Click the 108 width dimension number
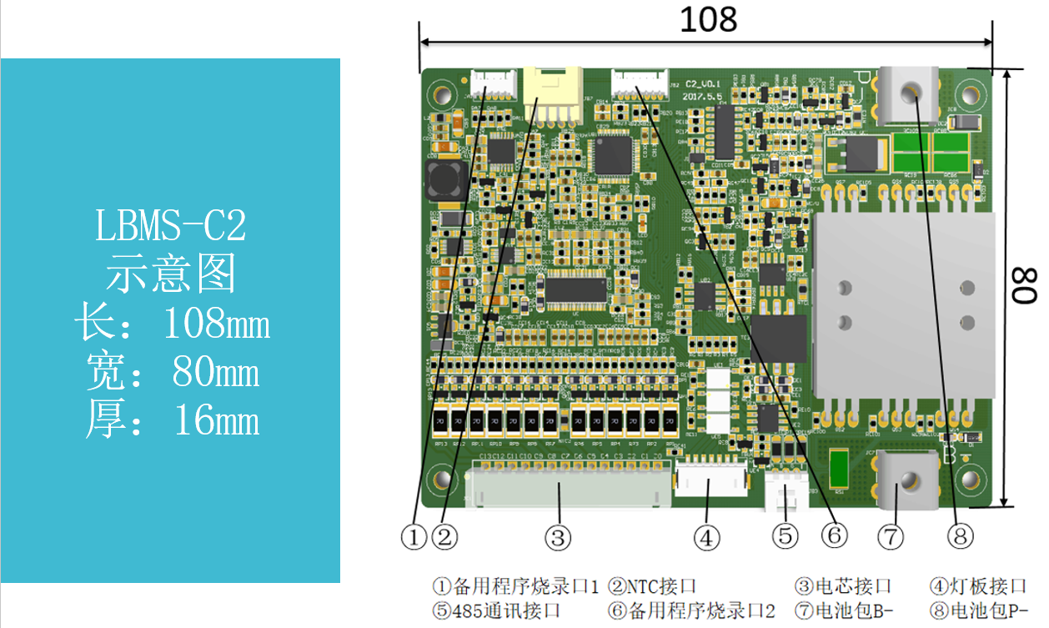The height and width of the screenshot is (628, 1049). pos(708,19)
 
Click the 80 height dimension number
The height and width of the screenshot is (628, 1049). pos(1023,285)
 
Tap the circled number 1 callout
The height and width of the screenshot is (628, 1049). pos(414,536)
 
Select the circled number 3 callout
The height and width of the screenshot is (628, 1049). pos(558,536)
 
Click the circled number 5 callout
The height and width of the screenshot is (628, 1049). pos(784,536)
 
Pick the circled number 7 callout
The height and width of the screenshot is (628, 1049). pos(891,537)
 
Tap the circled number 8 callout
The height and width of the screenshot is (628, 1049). pos(961,536)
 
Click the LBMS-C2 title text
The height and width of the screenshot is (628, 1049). pos(171,226)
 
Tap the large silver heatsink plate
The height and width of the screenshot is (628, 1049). pos(901,304)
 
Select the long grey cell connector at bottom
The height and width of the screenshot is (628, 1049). pos(568,485)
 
